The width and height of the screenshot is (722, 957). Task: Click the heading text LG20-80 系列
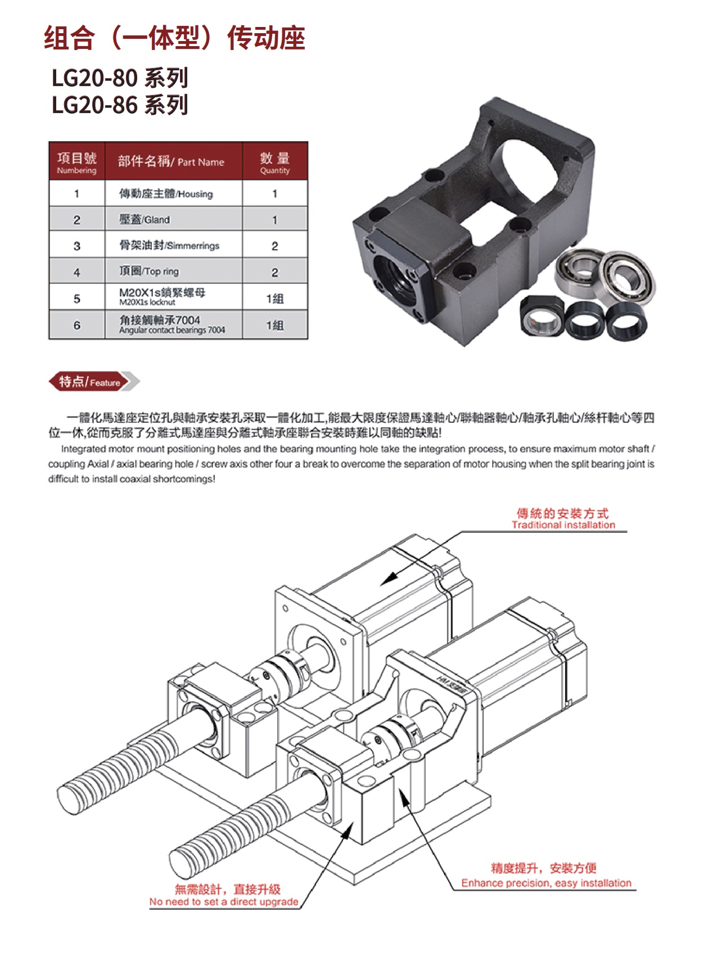tap(120, 78)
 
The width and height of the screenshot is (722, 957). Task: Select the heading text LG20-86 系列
tap(120, 105)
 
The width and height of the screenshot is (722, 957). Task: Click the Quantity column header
tap(275, 161)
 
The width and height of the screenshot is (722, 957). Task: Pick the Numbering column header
tap(77, 161)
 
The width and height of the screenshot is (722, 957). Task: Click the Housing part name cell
tap(174, 193)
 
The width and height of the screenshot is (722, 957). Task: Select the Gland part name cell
tap(174, 219)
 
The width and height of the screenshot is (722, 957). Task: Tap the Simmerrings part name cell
tap(174, 245)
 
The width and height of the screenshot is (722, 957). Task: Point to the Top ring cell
tap(174, 272)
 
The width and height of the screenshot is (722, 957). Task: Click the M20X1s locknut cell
tap(174, 297)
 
